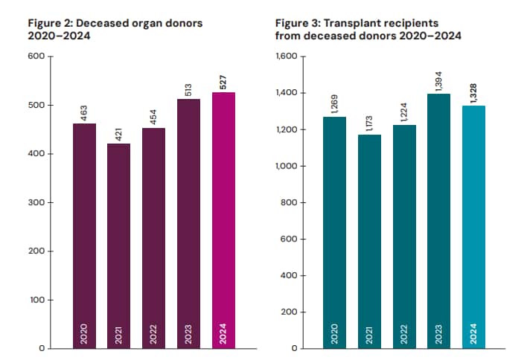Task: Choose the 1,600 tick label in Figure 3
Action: pyautogui.click(x=286, y=57)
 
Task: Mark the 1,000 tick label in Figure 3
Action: pyautogui.click(x=286, y=166)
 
